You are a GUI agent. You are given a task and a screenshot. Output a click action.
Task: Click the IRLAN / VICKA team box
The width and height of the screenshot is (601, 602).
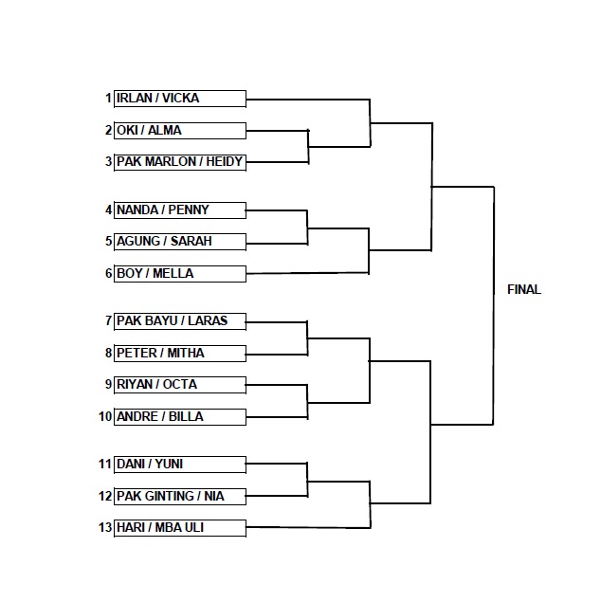180,99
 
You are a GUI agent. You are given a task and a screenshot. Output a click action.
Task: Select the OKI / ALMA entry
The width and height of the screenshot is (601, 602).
180,131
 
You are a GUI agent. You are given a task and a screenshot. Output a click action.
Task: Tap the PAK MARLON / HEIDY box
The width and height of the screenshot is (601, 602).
180,162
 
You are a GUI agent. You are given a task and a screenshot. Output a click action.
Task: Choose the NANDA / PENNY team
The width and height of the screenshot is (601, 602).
180,210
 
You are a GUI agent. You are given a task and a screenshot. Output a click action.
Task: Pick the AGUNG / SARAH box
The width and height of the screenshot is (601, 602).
180,242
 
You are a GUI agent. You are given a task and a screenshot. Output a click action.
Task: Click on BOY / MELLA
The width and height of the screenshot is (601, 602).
180,274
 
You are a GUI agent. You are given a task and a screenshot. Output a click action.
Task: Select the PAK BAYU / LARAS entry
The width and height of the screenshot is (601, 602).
180,321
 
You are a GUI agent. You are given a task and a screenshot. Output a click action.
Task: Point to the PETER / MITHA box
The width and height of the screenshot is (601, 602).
180,354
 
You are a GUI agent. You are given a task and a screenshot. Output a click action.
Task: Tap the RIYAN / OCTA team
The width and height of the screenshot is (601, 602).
180,385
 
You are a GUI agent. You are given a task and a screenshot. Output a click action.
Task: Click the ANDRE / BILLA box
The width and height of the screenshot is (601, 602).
180,417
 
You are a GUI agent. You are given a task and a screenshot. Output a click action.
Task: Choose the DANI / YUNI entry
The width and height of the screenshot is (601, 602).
180,465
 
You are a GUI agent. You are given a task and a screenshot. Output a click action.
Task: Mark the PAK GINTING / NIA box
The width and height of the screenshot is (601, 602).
180,497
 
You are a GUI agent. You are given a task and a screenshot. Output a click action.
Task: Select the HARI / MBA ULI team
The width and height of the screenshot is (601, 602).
180,528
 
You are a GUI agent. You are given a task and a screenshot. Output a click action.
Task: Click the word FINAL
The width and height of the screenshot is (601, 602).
524,289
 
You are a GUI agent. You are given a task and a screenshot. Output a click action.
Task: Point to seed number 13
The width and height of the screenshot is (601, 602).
105,527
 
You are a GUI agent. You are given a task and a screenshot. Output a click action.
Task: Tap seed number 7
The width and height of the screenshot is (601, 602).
108,320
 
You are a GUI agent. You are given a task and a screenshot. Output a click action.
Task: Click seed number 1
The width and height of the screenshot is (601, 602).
109,99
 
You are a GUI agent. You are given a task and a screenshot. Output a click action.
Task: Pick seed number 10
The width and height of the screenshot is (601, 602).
105,416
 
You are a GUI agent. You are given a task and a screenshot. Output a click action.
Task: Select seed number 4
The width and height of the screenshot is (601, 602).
108,210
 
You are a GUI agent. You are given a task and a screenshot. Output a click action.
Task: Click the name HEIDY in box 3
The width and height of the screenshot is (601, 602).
224,161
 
